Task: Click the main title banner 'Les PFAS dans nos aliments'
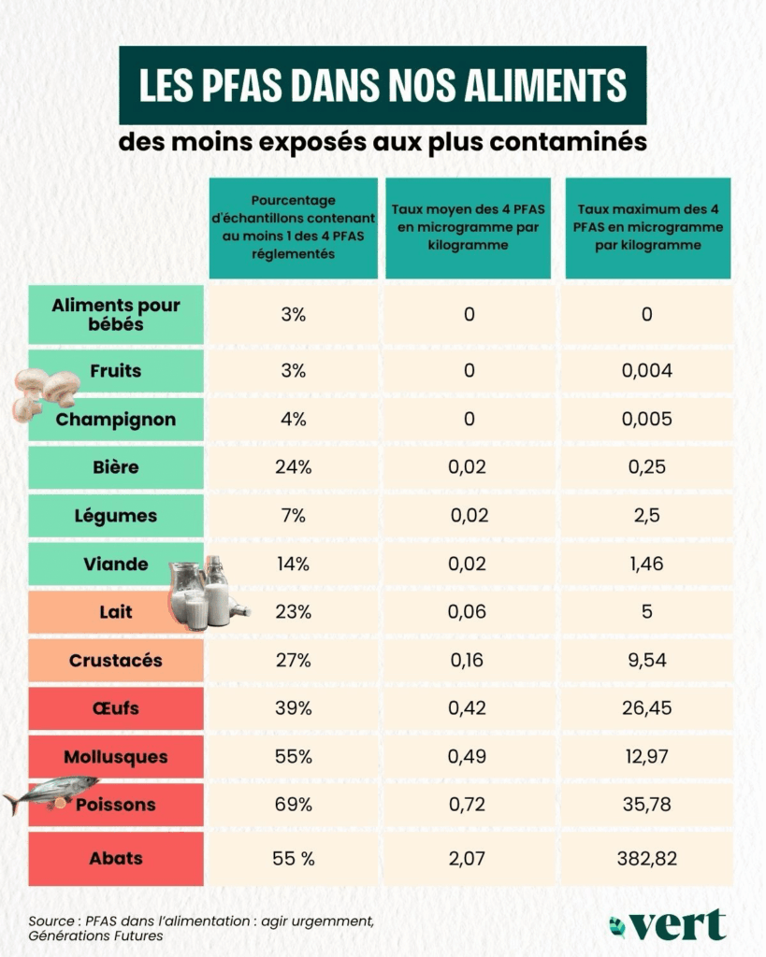(383, 86)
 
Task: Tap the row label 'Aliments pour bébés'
(116, 315)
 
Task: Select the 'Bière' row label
(116, 467)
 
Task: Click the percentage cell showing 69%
(293, 805)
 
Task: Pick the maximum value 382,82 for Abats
(647, 858)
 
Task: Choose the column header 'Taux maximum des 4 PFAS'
(648, 228)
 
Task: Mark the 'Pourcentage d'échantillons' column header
(293, 228)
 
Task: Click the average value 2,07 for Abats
(468, 858)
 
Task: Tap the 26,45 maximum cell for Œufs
(647, 708)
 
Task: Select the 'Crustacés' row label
(116, 661)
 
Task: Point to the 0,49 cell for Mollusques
(468, 757)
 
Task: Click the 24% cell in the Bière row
(293, 467)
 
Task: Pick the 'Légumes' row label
(116, 516)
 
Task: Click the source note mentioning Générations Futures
(201, 928)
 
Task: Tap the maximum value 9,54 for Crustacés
(647, 661)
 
